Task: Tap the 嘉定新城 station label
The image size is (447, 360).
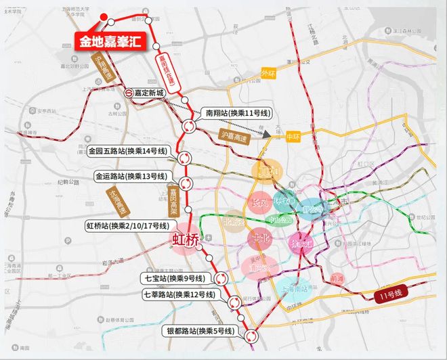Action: pos(150,93)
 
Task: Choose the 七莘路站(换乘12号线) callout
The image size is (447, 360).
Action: pos(179,294)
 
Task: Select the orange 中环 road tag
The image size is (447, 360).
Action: pos(293,136)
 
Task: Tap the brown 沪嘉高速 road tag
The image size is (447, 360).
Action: pos(234,135)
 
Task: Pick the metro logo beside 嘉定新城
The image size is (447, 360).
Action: pos(128,93)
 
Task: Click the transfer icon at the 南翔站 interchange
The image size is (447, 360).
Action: pos(189,125)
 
